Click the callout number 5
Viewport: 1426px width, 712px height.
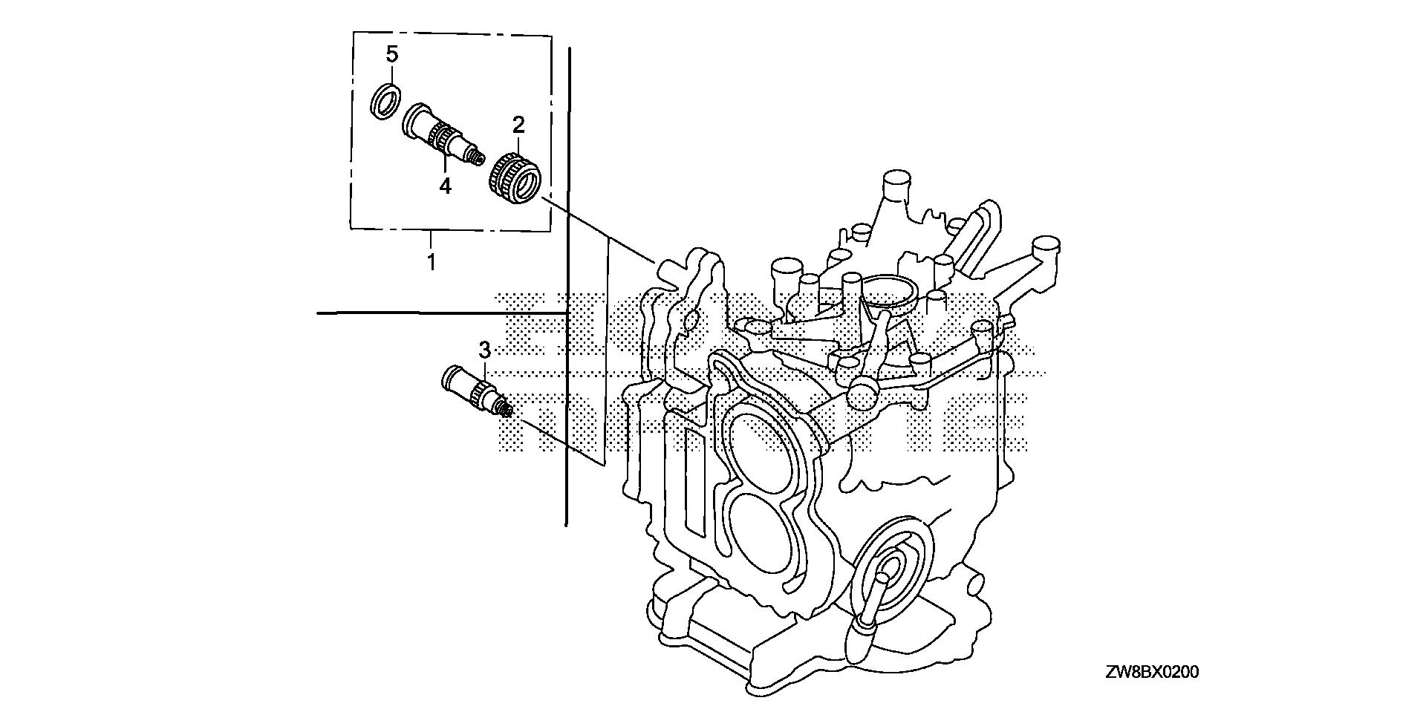tap(391, 54)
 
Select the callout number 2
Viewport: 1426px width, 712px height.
tap(518, 124)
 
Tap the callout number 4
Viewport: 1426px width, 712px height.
tap(445, 186)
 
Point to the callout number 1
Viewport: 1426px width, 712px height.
tap(430, 261)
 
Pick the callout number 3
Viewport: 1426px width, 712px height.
tap(484, 349)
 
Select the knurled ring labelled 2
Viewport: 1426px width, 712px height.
tap(518, 181)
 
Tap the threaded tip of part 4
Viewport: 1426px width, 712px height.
tap(477, 157)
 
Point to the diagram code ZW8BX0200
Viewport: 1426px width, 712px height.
tap(1151, 673)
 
